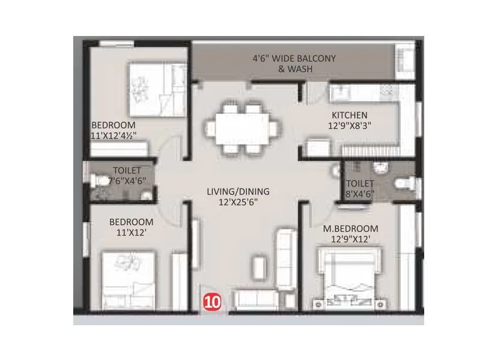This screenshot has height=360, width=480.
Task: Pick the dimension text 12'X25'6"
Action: pos(238,202)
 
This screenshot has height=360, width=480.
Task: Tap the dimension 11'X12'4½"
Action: pos(118,136)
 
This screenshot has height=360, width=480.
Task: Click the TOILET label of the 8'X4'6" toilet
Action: pos(360,184)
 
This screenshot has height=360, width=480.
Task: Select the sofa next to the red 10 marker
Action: pos(255,298)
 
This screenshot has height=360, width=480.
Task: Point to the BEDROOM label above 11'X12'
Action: pos(127,222)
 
